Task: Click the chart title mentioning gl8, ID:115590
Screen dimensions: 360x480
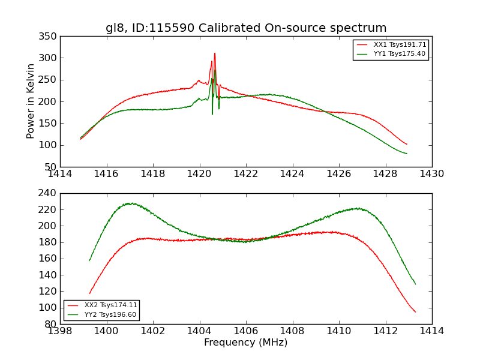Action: [x=246, y=28]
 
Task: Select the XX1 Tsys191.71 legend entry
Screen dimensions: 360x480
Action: [x=400, y=45]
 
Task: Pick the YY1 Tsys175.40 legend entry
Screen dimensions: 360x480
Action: [x=399, y=54]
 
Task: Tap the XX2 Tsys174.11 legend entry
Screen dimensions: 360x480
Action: [x=111, y=305]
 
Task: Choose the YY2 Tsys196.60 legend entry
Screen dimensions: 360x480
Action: [x=110, y=314]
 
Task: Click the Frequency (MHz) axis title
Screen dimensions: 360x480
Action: [x=246, y=343]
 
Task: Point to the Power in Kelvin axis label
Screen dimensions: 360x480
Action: [x=31, y=101]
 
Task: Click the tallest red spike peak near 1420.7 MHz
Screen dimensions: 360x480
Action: [x=215, y=53]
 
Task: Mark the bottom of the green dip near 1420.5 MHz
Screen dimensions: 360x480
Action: [x=212, y=114]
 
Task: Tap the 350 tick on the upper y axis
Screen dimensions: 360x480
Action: [x=50, y=37]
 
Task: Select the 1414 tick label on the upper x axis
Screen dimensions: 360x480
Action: [x=60, y=174]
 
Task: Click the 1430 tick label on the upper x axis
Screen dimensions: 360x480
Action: [x=432, y=174]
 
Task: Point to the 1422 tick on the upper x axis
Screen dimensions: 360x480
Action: [x=246, y=174]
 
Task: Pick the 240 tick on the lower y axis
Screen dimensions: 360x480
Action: [x=50, y=194]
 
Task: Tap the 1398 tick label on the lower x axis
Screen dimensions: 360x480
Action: [x=60, y=331]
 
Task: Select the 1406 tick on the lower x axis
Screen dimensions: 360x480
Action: [x=246, y=331]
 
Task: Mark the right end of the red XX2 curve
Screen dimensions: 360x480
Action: [x=415, y=312]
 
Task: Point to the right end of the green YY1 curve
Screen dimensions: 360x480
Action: [x=407, y=154]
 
